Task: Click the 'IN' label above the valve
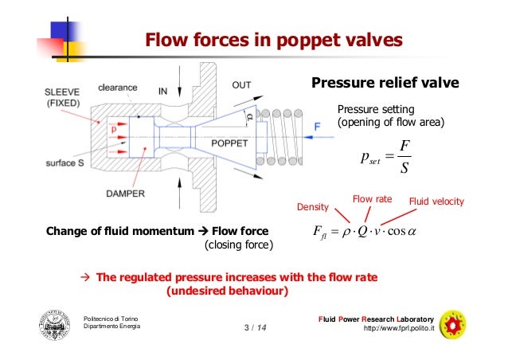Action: click(163, 92)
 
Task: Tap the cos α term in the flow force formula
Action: click(430, 233)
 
